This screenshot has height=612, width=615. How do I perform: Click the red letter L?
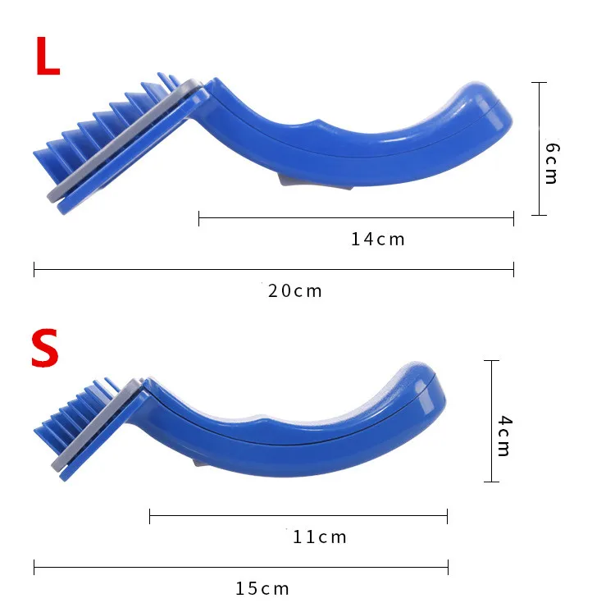click(x=48, y=56)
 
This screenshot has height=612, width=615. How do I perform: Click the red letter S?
click(x=45, y=348)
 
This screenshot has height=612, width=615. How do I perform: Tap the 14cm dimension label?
click(x=378, y=240)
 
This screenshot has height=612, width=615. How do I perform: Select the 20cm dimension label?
click(x=295, y=291)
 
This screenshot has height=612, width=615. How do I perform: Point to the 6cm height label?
click(x=552, y=163)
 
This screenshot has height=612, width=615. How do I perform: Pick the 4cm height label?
click(x=504, y=436)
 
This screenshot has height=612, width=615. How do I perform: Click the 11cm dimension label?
click(x=320, y=537)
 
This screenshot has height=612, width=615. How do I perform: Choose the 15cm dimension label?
click(x=262, y=589)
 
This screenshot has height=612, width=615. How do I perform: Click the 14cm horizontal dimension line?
click(x=356, y=217)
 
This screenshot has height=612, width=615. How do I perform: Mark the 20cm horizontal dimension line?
click(x=274, y=270)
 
